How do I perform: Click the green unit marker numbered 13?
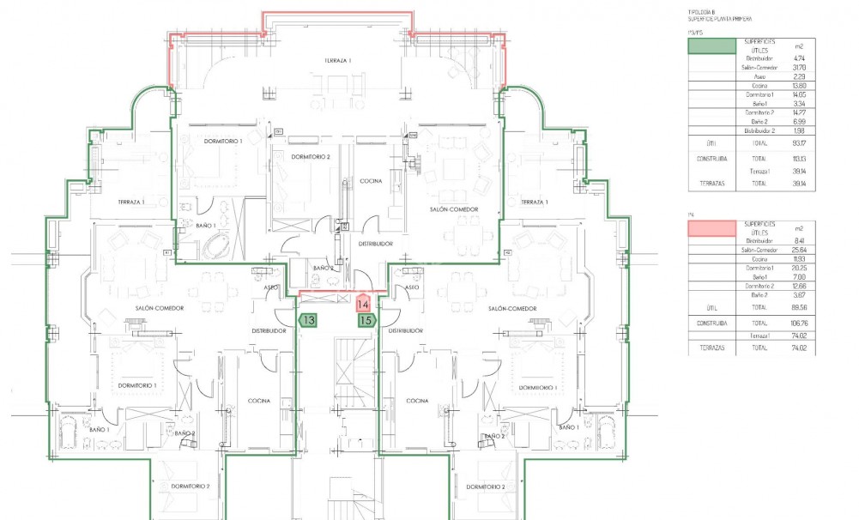(x=308, y=320)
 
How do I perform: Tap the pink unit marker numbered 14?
(x=363, y=304)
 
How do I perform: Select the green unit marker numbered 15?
(x=366, y=320)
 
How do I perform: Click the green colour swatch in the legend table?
(x=711, y=46)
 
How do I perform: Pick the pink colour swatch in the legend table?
(x=711, y=228)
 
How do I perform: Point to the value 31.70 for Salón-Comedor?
(x=799, y=67)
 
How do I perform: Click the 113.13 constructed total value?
(x=799, y=159)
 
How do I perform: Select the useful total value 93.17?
(x=799, y=144)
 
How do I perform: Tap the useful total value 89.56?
(x=799, y=306)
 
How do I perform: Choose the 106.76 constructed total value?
(x=799, y=323)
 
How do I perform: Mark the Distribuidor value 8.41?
(x=799, y=241)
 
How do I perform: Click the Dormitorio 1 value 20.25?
(x=799, y=268)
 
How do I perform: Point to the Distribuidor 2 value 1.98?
(x=799, y=130)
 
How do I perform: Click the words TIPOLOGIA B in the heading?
(x=700, y=12)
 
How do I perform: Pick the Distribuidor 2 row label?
(x=753, y=130)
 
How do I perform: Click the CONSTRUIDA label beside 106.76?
(x=712, y=323)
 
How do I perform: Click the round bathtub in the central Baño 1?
(x=215, y=246)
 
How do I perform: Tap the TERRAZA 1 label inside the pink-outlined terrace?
(x=338, y=60)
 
